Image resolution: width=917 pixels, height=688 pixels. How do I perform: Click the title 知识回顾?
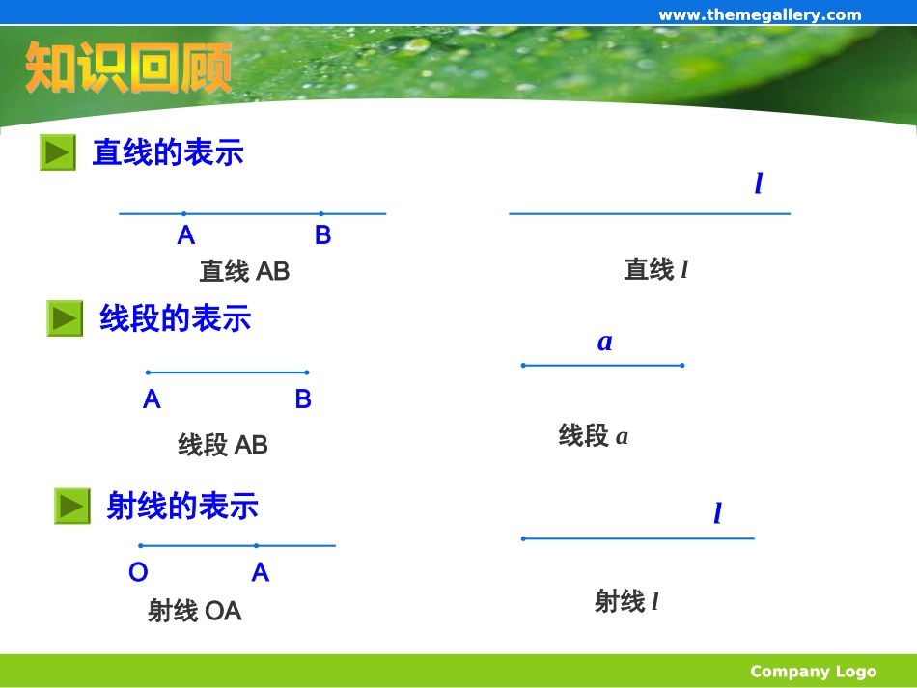[128, 68]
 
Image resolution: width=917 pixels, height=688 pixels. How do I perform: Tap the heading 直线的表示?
[168, 152]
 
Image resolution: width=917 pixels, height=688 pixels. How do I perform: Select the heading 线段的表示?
[175, 318]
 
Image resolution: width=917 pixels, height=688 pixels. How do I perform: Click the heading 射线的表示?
[182, 506]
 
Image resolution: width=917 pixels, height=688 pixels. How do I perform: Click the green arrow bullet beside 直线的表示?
[58, 152]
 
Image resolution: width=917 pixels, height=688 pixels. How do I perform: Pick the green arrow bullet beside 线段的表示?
[65, 318]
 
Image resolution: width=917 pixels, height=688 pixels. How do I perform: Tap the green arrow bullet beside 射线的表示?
[71, 506]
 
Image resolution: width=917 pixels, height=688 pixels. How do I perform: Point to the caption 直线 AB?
[244, 271]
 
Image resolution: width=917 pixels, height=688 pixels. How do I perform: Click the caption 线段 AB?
[222, 445]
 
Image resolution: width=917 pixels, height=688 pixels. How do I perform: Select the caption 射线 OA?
[194, 611]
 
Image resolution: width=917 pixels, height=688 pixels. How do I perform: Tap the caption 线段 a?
[593, 436]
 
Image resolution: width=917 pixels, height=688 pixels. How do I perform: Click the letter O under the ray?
[138, 573]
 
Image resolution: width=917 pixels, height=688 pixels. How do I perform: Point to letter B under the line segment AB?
[303, 399]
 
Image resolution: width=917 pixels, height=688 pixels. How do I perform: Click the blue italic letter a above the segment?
[605, 342]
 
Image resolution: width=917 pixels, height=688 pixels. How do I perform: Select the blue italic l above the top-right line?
[759, 183]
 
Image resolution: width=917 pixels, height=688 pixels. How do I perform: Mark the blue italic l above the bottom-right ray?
[717, 513]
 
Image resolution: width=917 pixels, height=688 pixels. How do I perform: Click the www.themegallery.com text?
[760, 14]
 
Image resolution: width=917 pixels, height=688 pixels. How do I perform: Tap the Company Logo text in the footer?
[813, 672]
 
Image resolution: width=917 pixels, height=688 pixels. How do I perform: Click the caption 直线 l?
[655, 270]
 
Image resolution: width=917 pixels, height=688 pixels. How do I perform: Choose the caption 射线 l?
[626, 602]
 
